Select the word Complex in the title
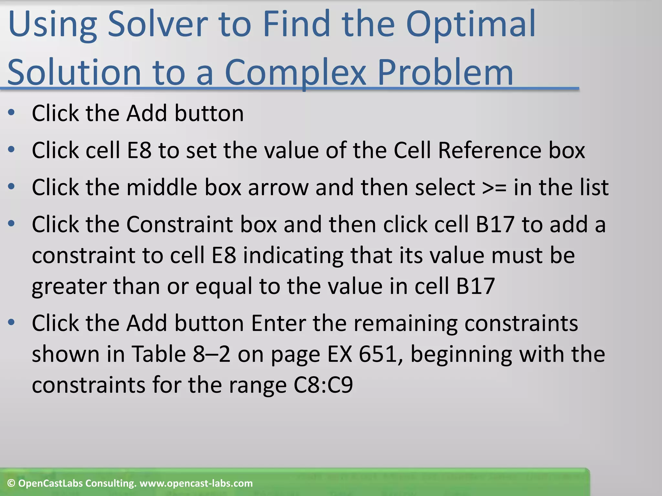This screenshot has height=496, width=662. pos(295,73)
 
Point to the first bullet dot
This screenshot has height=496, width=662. pos(11,113)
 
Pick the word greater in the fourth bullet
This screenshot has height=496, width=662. pos(69,287)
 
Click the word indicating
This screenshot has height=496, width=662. pos(293,255)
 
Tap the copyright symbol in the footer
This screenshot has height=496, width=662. pos(11,483)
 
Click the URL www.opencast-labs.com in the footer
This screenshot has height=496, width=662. pos(196,483)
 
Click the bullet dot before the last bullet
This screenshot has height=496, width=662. pos(11,322)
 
